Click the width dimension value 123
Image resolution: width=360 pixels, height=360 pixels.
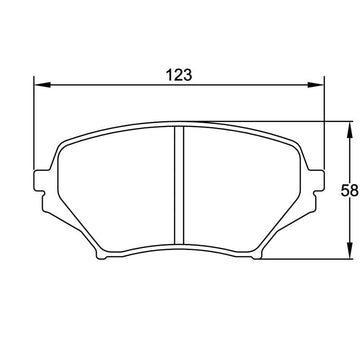179,75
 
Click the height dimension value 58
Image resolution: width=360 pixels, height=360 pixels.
350,191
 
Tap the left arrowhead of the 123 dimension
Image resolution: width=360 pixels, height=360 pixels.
43,85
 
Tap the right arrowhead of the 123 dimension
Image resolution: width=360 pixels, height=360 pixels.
315,85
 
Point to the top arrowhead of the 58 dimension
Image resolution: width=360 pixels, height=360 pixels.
349,130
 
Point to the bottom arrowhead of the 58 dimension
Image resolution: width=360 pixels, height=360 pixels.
349,250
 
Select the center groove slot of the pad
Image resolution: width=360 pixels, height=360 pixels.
179,185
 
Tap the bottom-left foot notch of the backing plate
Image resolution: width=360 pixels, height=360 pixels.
101,256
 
